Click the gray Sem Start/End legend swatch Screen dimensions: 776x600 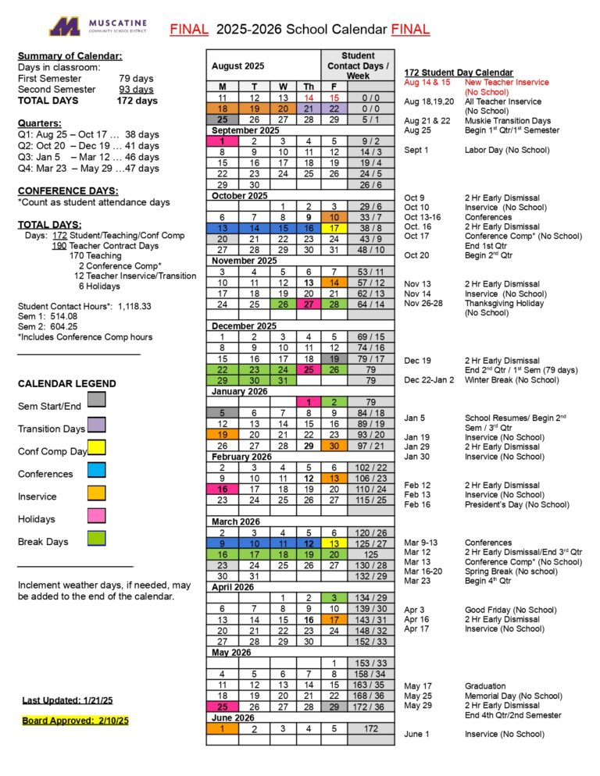point(97,400)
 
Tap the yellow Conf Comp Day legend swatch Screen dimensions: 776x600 point(97,447)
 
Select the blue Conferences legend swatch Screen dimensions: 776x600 point(97,469)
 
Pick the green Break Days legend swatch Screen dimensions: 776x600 point(97,537)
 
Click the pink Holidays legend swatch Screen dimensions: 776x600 point(97,514)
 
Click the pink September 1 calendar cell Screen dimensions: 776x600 point(223,141)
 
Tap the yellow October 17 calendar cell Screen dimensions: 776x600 point(334,228)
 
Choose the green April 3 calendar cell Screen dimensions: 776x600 point(334,597)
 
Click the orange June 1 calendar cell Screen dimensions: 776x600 point(223,728)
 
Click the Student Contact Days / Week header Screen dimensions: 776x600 point(358,66)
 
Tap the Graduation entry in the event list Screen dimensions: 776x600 point(485,686)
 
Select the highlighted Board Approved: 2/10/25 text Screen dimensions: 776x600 point(75,721)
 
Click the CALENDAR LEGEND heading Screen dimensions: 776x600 point(66,384)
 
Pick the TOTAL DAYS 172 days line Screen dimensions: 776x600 point(87,101)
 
